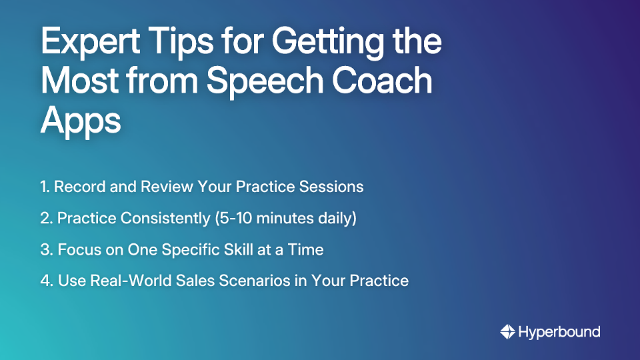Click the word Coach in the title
pos(387,81)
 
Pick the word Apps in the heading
pos(81,121)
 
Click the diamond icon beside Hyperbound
pos(507,331)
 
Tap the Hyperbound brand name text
pos(559,331)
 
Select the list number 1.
pos(44,187)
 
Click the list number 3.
pos(45,250)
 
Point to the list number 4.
pos(45,281)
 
